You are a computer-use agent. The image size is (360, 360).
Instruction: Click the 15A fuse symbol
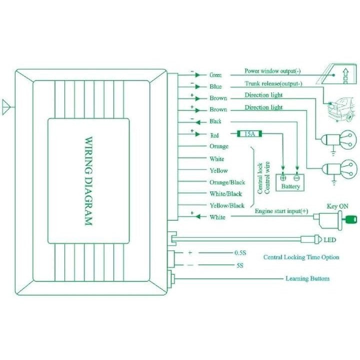point(248,134)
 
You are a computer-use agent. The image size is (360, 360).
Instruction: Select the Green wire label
point(215,75)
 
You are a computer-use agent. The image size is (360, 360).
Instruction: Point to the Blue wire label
point(215,86)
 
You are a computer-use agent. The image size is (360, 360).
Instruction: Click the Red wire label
point(214,134)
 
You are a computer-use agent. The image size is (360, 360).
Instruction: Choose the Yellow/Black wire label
point(227,205)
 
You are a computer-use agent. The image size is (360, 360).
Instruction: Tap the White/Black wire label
point(225,194)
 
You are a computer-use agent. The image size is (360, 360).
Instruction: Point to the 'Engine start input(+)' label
point(281,212)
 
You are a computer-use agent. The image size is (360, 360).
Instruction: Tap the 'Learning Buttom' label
point(307,278)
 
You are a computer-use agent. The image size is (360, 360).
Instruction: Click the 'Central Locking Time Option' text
point(301,257)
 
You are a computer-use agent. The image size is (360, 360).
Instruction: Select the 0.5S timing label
point(240,253)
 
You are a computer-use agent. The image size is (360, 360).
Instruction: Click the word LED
point(329,240)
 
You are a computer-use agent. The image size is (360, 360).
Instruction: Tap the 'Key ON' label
point(337,205)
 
